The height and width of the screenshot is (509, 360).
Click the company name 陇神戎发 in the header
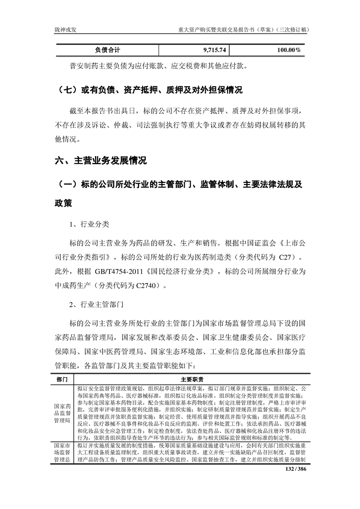point(65,29)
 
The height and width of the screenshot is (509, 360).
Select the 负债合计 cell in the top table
point(107,49)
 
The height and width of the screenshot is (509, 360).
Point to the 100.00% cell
point(289,49)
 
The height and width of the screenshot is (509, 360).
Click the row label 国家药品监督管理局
point(62,413)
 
